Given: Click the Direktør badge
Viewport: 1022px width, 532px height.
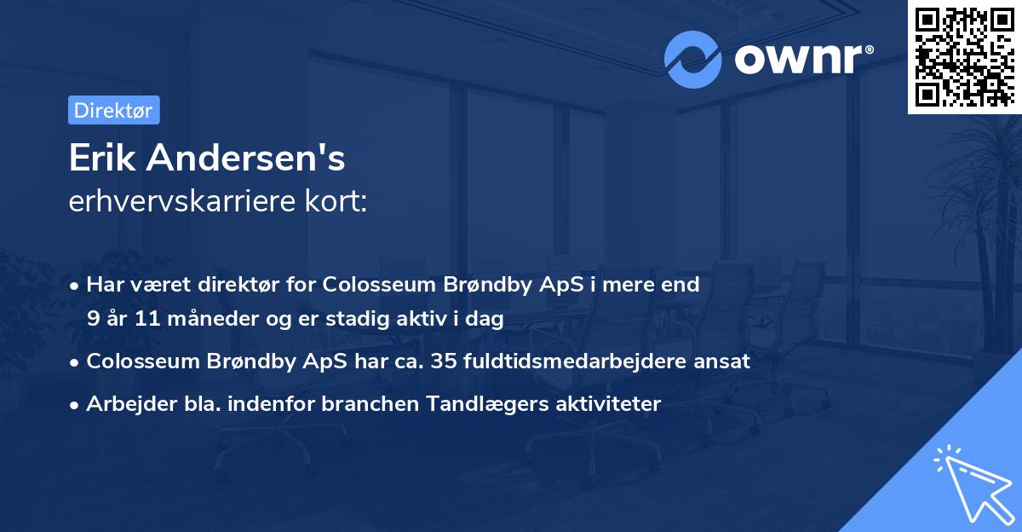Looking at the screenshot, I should click(113, 110).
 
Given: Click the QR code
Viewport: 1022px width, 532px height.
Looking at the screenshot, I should click(965, 56).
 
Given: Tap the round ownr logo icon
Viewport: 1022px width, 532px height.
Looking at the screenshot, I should click(693, 60).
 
